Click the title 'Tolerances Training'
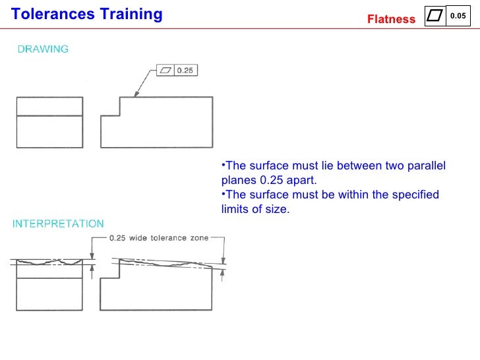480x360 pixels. click(x=87, y=14)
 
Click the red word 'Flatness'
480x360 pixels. click(x=391, y=19)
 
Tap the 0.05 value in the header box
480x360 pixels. click(x=458, y=15)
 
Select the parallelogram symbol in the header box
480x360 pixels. click(x=435, y=16)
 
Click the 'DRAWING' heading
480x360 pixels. click(x=43, y=49)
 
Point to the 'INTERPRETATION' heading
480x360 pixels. click(x=59, y=224)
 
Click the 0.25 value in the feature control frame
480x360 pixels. click(x=185, y=71)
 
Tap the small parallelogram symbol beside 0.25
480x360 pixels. click(x=166, y=71)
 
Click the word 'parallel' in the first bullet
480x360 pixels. click(x=427, y=165)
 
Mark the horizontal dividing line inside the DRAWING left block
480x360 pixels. click(x=49, y=116)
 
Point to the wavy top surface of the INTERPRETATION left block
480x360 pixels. click(x=49, y=262)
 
